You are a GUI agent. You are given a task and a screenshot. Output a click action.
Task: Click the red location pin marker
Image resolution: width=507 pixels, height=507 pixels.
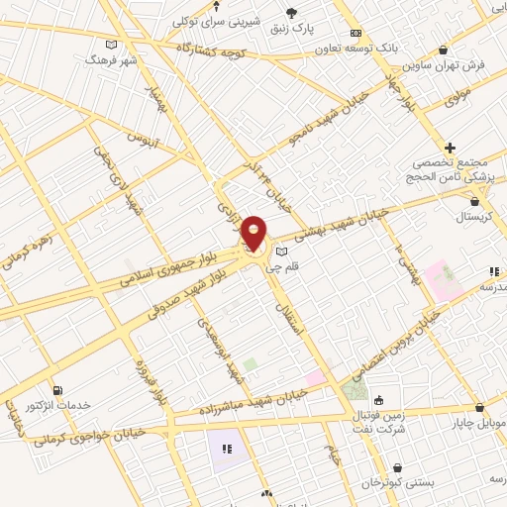coord(254,233)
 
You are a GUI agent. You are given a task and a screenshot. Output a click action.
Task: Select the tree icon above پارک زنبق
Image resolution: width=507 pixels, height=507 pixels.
coord(291,12)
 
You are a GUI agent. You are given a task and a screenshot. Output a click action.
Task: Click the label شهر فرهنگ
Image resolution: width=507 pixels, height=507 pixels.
coord(109,59)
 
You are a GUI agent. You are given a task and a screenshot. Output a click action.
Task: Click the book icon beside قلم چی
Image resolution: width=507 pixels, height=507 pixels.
coord(281,252)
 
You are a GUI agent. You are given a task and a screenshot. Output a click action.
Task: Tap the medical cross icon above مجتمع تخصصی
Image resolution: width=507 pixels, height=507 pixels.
coord(450,148)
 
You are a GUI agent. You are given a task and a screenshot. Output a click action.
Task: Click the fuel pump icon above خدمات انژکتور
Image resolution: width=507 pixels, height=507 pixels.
coord(57,390)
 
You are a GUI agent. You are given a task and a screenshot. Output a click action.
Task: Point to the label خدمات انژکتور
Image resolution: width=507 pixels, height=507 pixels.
coord(57,406)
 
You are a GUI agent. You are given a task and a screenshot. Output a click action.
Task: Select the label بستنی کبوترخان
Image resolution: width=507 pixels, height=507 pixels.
coord(398,482)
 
